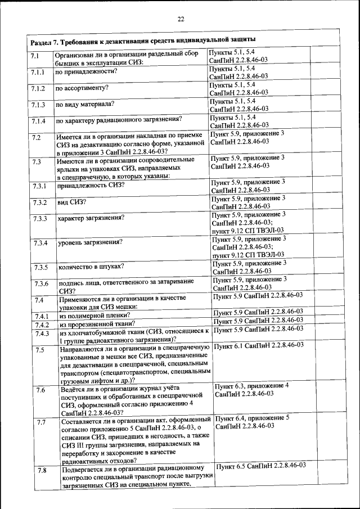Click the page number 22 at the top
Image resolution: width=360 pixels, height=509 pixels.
tap(181, 19)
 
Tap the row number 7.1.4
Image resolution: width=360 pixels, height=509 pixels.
tap(38, 121)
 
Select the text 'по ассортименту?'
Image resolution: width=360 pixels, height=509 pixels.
tap(82, 88)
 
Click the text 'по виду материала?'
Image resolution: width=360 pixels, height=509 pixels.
tap(84, 104)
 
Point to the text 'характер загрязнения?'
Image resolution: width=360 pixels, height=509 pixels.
tap(91, 217)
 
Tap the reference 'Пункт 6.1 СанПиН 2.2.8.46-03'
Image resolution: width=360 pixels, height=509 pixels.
tap(259, 345)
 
